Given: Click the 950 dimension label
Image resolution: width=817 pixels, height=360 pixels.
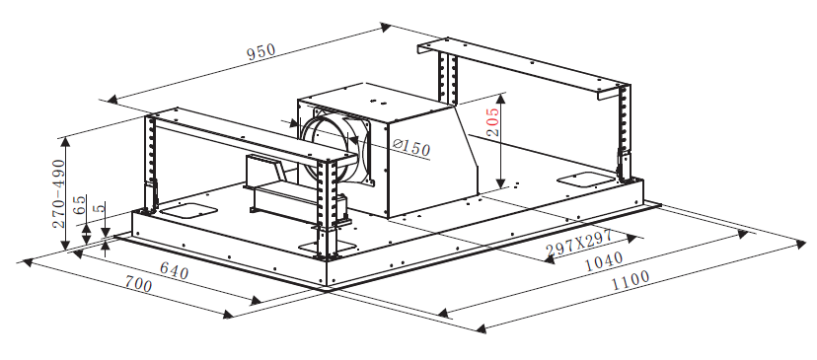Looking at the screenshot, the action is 261,52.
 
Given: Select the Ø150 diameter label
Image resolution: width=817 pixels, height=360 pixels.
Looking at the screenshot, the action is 412,147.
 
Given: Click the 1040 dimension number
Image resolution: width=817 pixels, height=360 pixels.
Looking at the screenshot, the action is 603,261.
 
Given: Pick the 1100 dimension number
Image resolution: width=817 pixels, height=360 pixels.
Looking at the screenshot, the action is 631,280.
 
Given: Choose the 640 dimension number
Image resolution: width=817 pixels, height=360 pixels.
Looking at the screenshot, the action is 174,270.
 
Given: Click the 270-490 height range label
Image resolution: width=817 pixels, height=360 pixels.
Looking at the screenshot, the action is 58,193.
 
